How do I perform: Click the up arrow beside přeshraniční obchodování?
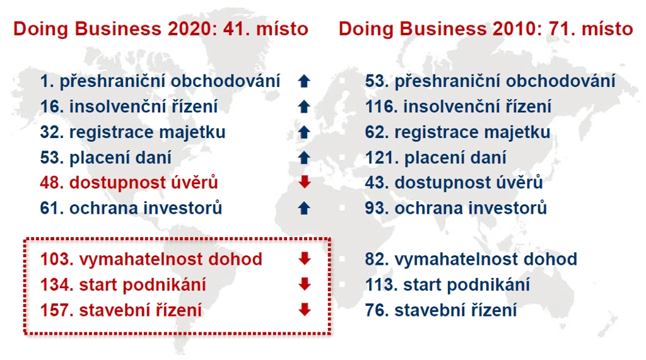point(304,81)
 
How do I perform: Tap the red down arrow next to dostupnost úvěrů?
point(305,182)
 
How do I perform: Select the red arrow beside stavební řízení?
point(305,310)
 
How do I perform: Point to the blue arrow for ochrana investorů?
point(304,209)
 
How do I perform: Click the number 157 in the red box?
point(55,310)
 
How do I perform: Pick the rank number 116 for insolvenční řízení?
point(379,107)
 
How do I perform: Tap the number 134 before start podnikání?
point(55,285)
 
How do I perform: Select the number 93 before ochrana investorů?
point(375,209)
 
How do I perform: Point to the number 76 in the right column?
point(375,310)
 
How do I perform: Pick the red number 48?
point(50,183)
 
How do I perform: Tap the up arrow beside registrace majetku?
point(304,132)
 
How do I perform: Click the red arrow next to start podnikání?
point(305,284)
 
